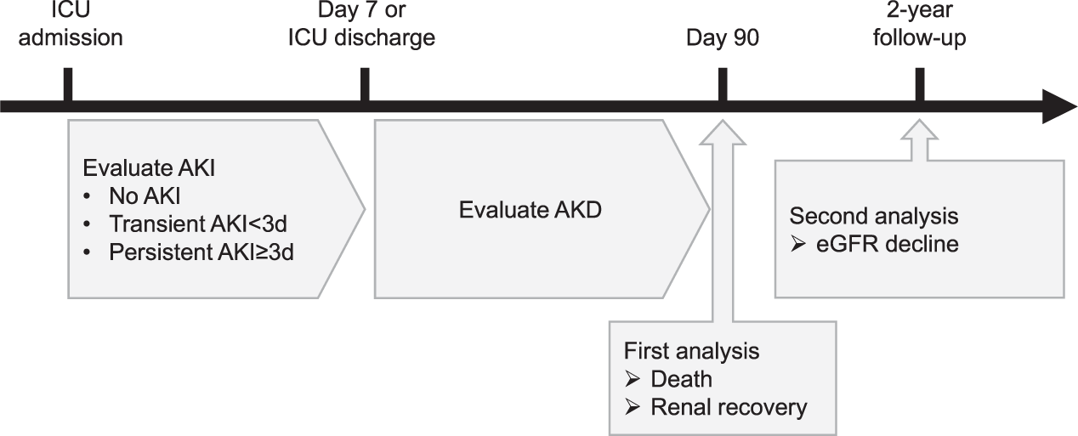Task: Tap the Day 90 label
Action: (x=723, y=38)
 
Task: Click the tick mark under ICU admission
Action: (x=69, y=85)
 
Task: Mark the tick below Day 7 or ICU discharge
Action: (x=365, y=85)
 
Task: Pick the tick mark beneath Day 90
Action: (x=723, y=85)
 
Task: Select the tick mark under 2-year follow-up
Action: (x=919, y=85)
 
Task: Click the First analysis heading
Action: (x=691, y=350)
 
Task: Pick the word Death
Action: (x=688, y=379)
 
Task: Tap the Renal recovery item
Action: (x=728, y=407)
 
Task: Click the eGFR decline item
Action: (x=888, y=244)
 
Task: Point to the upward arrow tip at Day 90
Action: (x=723, y=123)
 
